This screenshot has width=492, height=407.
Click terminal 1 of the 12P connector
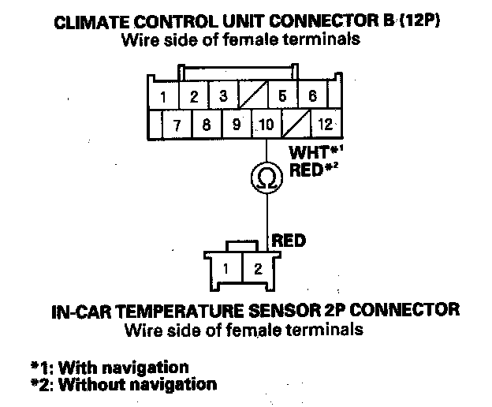[x=162, y=98]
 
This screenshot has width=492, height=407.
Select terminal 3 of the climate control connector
[x=223, y=97]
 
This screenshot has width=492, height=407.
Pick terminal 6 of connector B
[x=312, y=97]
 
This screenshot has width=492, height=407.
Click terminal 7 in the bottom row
[x=178, y=124]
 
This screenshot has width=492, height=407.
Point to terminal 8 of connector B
[x=207, y=124]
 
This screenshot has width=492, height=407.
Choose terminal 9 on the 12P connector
[x=236, y=124]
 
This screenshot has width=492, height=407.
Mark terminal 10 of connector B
[x=266, y=124]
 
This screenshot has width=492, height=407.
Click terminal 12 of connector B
[x=325, y=124]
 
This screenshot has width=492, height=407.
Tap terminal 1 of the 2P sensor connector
[x=226, y=267]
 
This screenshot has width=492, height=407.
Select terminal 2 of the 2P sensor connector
[x=256, y=267]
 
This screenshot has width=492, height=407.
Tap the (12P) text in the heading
[x=416, y=23]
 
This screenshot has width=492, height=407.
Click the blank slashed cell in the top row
[x=253, y=98]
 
